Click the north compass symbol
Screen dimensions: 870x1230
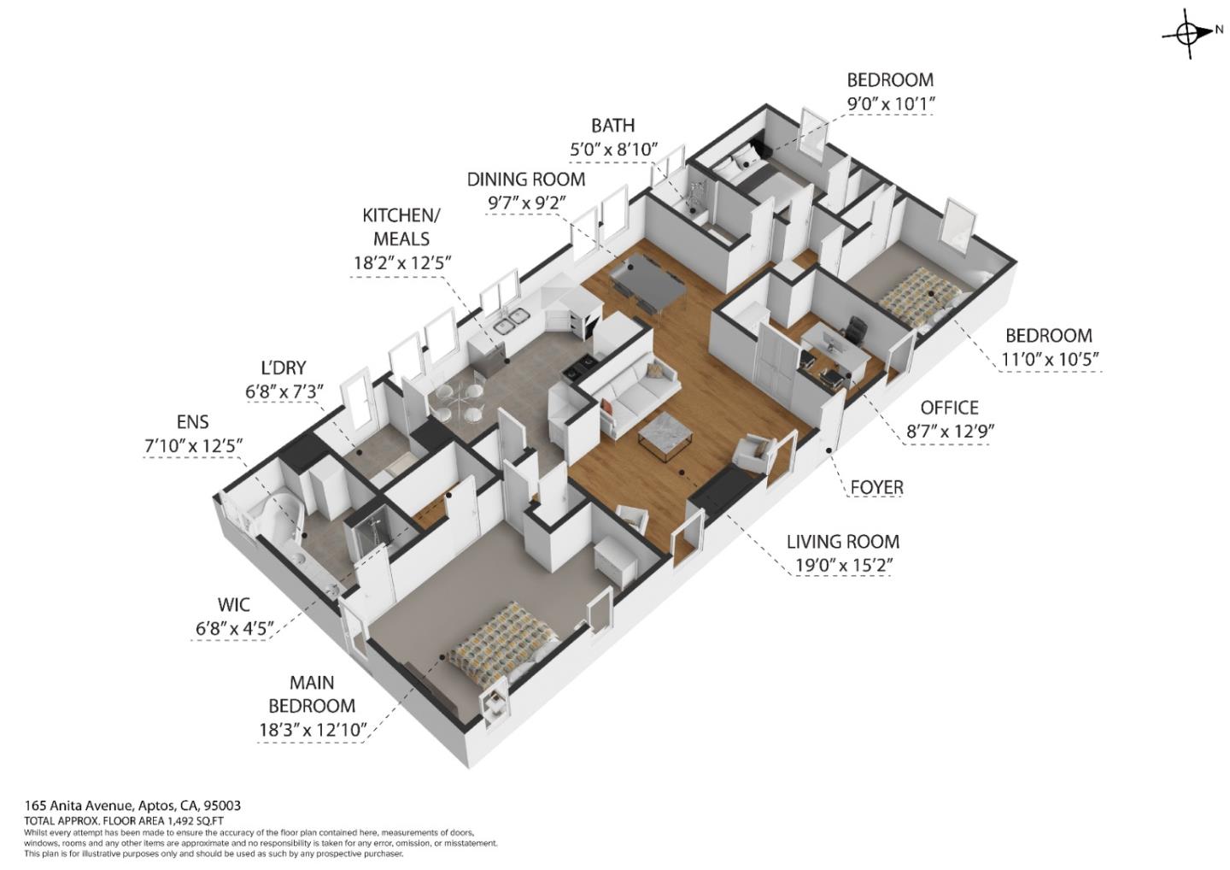(x=1187, y=33)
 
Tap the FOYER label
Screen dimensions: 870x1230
(x=876, y=487)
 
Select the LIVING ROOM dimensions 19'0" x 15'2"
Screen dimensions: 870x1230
(x=841, y=565)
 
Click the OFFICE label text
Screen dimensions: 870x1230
(x=949, y=408)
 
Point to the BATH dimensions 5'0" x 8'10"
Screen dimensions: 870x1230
(x=613, y=149)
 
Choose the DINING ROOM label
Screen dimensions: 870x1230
(x=525, y=179)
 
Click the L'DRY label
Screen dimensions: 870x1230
(x=283, y=368)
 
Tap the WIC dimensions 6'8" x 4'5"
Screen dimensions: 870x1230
(x=234, y=629)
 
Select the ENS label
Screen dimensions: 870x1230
(x=193, y=422)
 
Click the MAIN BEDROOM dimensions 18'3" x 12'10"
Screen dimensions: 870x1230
(x=312, y=729)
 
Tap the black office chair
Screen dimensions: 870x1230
(x=857, y=329)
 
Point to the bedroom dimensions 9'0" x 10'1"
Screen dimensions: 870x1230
(x=889, y=103)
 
